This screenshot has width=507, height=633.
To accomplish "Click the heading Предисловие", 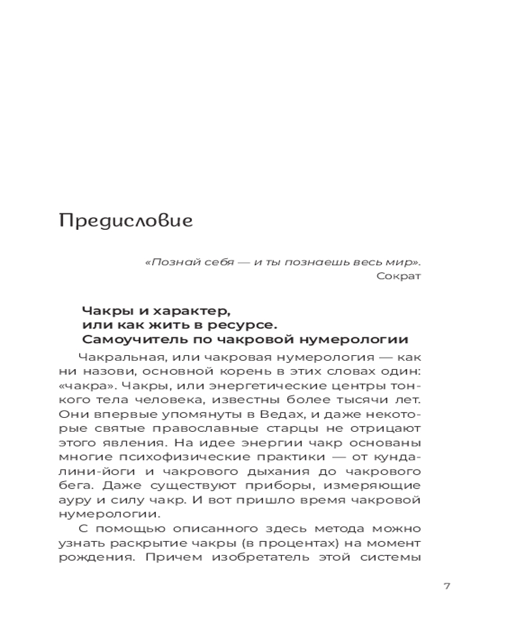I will pyautogui.click(x=125, y=222).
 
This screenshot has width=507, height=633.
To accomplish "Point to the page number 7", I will pyautogui.click(x=447, y=586).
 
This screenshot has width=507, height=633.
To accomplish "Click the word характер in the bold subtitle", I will pyautogui.click(x=193, y=310).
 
